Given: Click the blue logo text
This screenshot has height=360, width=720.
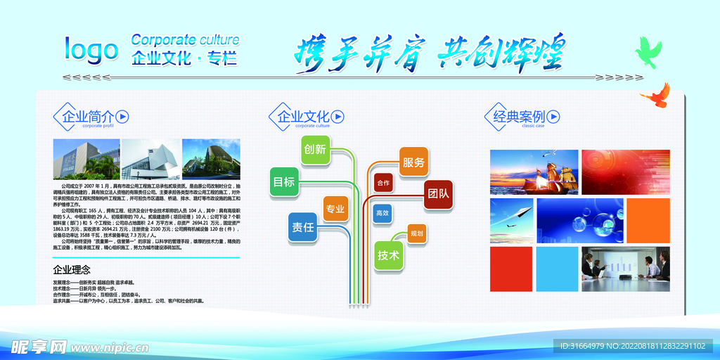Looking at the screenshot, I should (91, 49).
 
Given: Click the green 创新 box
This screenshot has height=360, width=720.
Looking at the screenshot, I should (315, 149).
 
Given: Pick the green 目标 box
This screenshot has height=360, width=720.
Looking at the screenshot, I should (284, 181).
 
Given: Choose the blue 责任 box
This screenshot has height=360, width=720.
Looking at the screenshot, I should (303, 226).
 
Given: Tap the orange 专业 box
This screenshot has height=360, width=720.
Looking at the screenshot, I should (335, 209).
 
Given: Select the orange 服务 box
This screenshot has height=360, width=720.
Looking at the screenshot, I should (413, 162).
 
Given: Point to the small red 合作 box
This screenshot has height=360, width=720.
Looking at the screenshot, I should (383, 183).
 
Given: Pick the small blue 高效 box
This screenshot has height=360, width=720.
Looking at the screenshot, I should (382, 213).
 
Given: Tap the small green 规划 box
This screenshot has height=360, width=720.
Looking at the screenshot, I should (417, 233).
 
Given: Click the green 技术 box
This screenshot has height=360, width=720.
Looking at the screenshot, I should (388, 255).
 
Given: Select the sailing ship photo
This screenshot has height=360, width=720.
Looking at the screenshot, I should (535, 172).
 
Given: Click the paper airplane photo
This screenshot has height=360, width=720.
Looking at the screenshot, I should (512, 220).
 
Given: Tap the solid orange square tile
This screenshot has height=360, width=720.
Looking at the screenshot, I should (648, 220).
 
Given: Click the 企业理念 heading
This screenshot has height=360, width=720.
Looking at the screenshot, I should (72, 269).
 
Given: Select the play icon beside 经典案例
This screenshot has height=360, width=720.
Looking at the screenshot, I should (553, 117).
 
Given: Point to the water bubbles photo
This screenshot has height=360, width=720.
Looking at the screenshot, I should (579, 220).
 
